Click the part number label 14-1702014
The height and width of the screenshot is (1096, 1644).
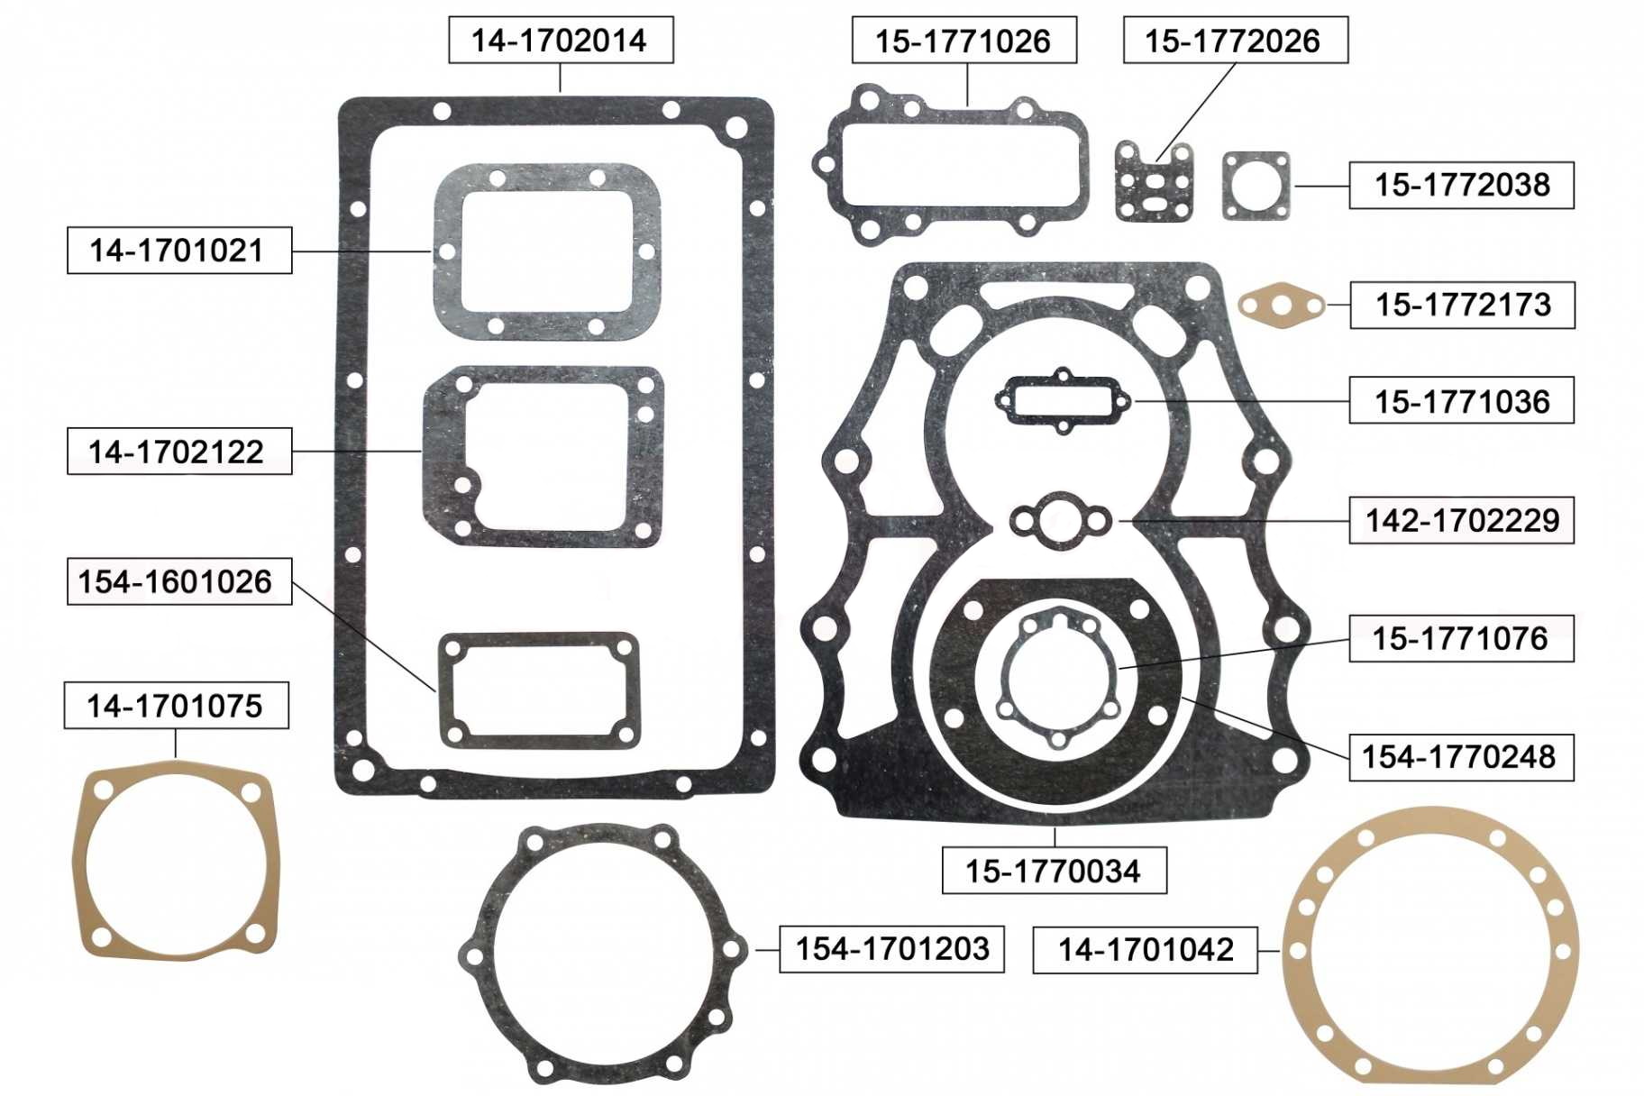click(561, 40)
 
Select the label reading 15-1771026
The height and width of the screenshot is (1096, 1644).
click(964, 40)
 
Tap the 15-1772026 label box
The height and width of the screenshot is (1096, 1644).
click(1236, 40)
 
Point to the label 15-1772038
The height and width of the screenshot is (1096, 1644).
click(1461, 185)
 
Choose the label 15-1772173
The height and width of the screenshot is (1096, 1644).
click(1462, 305)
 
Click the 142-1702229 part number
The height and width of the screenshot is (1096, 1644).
click(1461, 520)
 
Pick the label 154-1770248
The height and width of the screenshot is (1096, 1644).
click(1461, 757)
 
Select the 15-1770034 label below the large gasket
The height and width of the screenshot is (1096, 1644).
click(1055, 871)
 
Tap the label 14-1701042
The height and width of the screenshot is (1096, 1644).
click(1145, 950)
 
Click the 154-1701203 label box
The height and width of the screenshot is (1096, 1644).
click(892, 949)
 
